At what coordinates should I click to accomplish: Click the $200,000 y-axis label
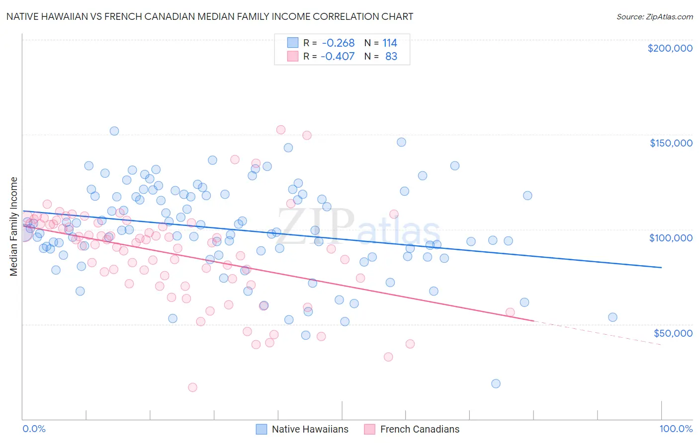tap(670, 48)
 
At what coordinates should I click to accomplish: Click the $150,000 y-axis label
tap(671, 143)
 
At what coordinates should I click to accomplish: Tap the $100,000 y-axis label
tap(671, 238)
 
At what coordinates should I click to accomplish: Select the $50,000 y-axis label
tap(673, 333)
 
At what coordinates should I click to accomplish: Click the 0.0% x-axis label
tap(34, 429)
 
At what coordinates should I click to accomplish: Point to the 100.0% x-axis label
tap(676, 429)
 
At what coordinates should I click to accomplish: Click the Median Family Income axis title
tap(13, 226)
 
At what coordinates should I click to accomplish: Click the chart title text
tap(209, 16)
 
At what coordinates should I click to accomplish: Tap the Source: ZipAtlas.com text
tap(654, 16)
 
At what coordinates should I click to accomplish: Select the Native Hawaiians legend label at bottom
tap(310, 429)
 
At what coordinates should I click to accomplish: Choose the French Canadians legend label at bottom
tap(420, 429)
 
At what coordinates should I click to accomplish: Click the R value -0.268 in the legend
tap(338, 43)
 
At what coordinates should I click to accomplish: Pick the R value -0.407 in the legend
tap(338, 56)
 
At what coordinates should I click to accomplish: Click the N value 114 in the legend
tap(390, 43)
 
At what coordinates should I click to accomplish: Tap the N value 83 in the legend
tap(391, 56)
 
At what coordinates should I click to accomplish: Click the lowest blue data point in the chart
tap(496, 383)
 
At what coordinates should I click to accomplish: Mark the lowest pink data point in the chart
tap(192, 387)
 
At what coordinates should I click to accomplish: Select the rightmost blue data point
tap(612, 317)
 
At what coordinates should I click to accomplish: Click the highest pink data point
tap(280, 130)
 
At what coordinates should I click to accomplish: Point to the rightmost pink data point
tap(510, 312)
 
